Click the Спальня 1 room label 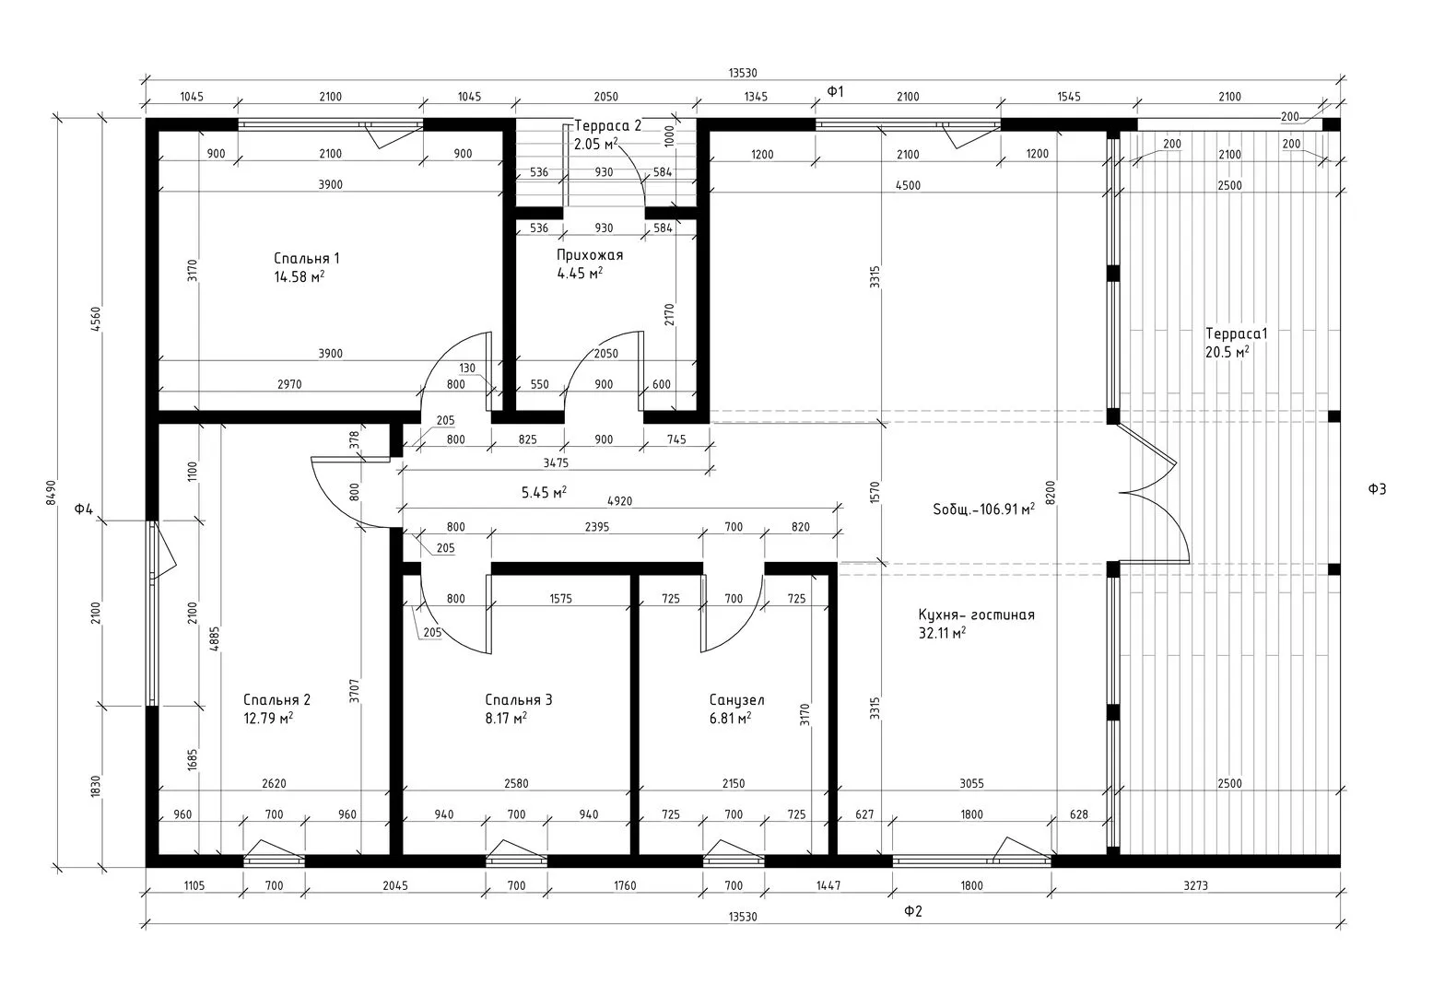tap(307, 258)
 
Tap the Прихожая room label tap(589, 255)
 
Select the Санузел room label tap(736, 700)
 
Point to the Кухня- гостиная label tap(976, 615)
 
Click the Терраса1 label tap(1236, 334)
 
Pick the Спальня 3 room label tap(518, 700)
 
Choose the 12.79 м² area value tap(268, 718)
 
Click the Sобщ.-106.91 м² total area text tap(983, 509)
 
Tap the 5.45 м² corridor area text tap(544, 492)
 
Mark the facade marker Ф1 tap(836, 91)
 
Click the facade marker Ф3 tap(1377, 489)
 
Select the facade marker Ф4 tap(84, 509)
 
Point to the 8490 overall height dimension tap(52, 493)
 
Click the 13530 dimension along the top tap(743, 73)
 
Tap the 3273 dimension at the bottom tap(1195, 885)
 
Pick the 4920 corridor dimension tap(619, 501)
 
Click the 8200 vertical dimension tap(1050, 493)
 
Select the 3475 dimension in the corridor tap(556, 462)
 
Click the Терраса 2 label tap(607, 126)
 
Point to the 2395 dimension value tap(596, 527)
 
